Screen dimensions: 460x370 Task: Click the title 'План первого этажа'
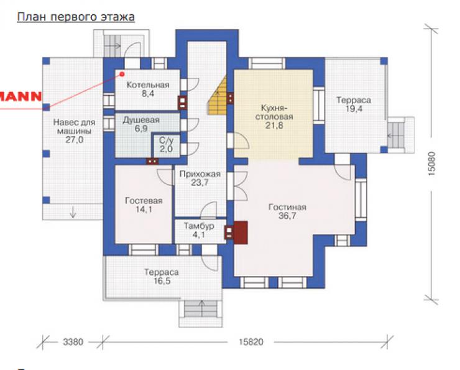[x=76, y=17]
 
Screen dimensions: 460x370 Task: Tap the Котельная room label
[x=148, y=85]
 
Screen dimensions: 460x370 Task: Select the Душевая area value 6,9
[x=141, y=129]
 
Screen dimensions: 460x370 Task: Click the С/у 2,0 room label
[x=166, y=145]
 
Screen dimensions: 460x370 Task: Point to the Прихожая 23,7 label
[x=200, y=178]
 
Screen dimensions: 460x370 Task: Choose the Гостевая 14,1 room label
[x=144, y=205]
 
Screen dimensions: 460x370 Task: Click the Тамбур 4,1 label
[x=199, y=230]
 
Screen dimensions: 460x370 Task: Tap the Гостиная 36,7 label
[x=287, y=211]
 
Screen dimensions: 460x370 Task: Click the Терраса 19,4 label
[x=354, y=104]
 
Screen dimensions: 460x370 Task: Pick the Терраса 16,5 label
[x=162, y=276]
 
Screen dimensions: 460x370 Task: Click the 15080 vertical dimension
[x=431, y=164]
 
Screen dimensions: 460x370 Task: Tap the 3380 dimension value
[x=73, y=342]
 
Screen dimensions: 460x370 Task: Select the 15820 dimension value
[x=251, y=342]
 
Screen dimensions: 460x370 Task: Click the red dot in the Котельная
[x=122, y=75]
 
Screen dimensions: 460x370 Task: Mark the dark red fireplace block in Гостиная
[x=241, y=233]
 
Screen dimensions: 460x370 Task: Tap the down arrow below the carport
[x=73, y=212]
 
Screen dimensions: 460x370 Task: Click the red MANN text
[x=21, y=96]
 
